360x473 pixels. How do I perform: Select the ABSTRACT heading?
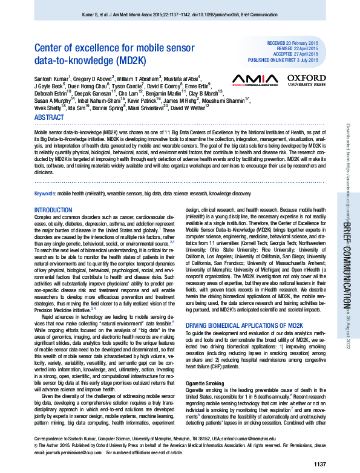[x=48, y=117]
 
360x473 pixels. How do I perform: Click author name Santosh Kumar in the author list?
[x=52, y=78]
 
